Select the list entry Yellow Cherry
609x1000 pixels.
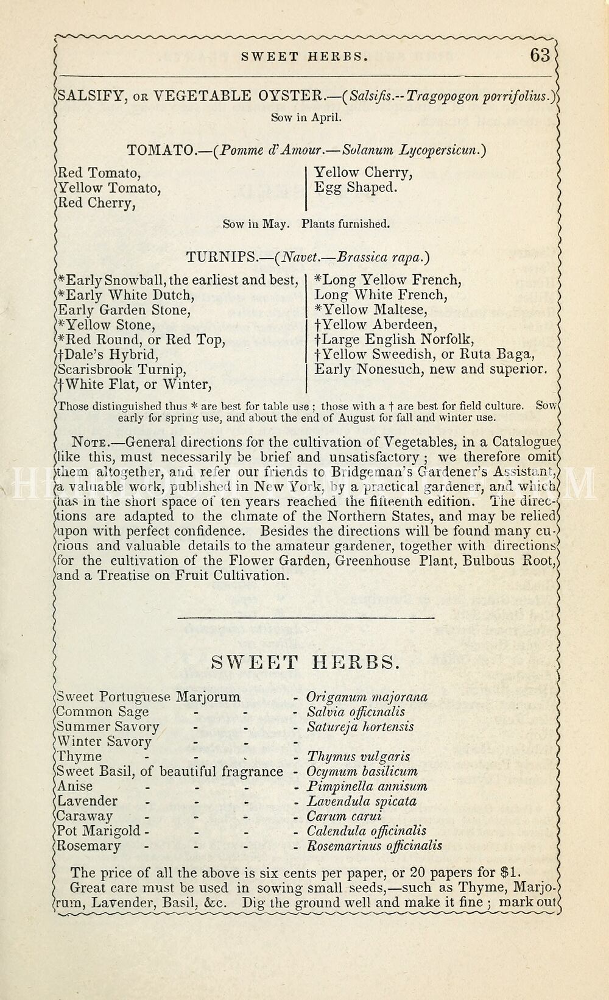tap(364, 173)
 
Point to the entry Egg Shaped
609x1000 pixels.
tap(356, 188)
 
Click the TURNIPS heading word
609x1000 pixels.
tap(221, 257)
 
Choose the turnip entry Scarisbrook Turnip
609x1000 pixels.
tap(122, 370)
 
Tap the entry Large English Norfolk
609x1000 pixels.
tap(394, 339)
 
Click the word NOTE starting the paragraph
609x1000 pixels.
tap(90, 442)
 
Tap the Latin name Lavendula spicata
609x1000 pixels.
tap(362, 801)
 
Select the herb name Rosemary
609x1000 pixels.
tap(89, 846)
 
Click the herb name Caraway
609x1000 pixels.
tap(85, 817)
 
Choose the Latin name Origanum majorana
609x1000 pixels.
tap(367, 697)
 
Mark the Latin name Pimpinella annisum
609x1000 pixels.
tap(367, 787)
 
